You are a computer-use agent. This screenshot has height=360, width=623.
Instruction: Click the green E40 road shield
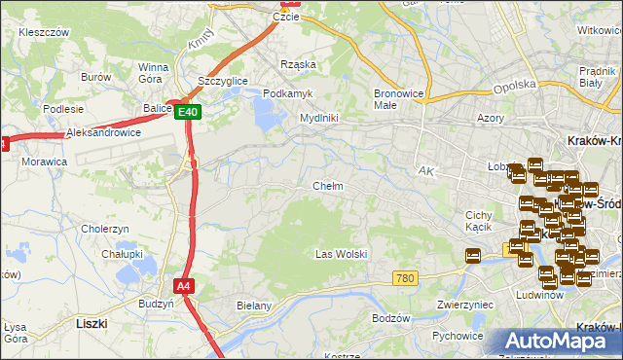[189, 113]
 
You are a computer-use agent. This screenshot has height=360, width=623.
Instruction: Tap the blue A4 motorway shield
[184, 286]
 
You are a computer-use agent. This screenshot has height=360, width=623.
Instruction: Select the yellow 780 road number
[407, 279]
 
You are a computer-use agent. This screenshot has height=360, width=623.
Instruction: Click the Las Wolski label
[341, 254]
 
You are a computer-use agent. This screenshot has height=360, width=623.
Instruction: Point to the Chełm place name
[327, 186]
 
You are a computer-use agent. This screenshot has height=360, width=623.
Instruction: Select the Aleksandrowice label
[103, 132]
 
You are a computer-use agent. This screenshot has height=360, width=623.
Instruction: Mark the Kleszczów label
[43, 32]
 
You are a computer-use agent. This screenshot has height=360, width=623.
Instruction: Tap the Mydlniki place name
[318, 118]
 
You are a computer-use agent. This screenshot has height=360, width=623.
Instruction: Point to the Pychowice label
[458, 337]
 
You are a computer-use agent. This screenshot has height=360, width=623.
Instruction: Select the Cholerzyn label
[105, 229]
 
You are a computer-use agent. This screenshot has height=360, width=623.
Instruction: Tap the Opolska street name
[516, 86]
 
